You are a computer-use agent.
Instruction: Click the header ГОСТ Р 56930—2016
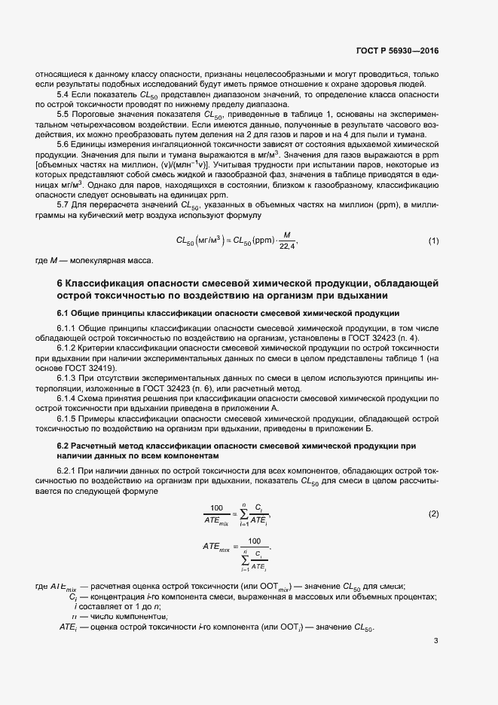point(398,51)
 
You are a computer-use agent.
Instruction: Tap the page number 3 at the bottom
point(436,641)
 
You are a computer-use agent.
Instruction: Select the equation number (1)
point(434,241)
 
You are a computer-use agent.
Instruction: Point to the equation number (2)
point(434,513)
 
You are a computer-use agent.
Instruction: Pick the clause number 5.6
point(64,143)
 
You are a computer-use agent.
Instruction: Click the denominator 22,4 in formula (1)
point(288,247)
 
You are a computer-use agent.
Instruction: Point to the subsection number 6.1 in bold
point(65,312)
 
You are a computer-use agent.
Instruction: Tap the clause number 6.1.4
point(69,397)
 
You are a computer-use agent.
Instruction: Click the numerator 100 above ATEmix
point(216,508)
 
